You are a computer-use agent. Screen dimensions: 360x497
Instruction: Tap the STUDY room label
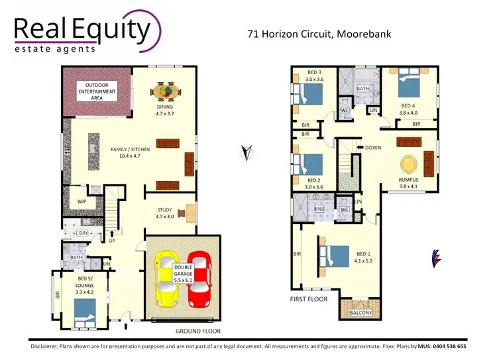point(164,212)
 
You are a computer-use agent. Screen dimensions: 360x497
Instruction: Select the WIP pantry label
point(82,201)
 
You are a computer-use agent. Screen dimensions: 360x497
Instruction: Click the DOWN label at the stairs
point(372,147)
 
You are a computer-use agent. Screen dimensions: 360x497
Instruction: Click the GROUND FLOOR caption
point(197,331)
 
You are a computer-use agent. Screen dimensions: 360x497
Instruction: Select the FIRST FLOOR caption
point(309,300)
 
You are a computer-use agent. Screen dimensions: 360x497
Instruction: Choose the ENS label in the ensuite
point(319,210)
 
